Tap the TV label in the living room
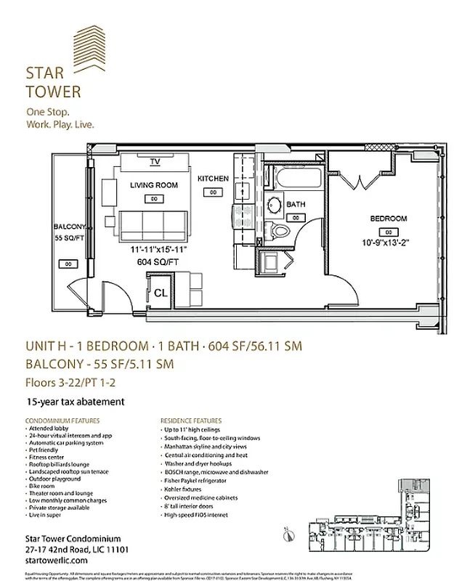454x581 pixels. pyautogui.click(x=155, y=161)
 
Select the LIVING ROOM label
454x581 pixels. pyautogui.click(x=154, y=185)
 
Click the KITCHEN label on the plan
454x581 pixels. pyautogui.click(x=213, y=179)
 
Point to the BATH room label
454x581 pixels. pyautogui.click(x=295, y=205)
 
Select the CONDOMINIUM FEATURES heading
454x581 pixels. pyautogui.click(x=62, y=420)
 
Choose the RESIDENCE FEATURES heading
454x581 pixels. pyautogui.click(x=192, y=420)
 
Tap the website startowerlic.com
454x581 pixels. pyautogui.click(x=57, y=561)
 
